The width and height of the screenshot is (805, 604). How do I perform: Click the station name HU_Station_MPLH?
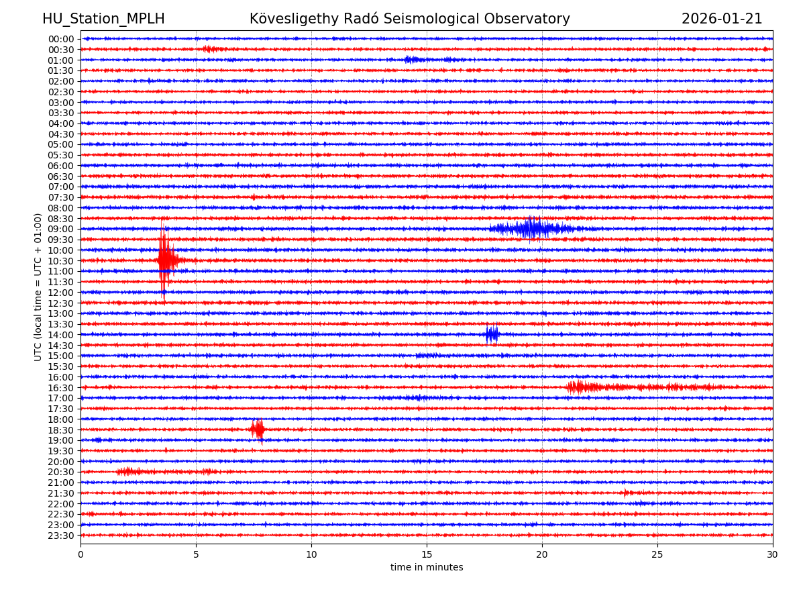point(103,19)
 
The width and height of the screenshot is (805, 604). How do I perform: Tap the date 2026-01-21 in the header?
point(722,19)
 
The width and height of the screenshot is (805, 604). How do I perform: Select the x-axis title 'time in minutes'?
point(427,568)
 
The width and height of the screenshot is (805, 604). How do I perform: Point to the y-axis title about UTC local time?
point(38,287)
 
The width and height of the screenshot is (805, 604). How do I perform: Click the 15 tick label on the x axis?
point(427,555)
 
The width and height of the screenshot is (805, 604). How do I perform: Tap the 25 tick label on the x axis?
point(657,555)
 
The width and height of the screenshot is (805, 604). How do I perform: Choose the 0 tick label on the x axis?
point(80,555)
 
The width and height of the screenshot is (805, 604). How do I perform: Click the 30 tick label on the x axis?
point(773,555)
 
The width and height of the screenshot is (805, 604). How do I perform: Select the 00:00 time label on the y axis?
point(61,39)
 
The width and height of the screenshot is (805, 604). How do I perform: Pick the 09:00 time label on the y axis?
point(61,229)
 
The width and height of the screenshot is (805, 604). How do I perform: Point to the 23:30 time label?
point(61,536)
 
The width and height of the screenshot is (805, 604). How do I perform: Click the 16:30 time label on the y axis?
point(61,387)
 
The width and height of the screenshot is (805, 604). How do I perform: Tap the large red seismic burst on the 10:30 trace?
point(165,260)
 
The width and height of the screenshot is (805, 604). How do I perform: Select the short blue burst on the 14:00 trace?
point(492,334)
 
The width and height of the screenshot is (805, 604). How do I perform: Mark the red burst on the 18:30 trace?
point(257,430)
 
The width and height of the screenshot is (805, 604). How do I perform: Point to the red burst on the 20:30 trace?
point(129,472)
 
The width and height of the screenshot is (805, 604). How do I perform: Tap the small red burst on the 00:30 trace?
point(210,49)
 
